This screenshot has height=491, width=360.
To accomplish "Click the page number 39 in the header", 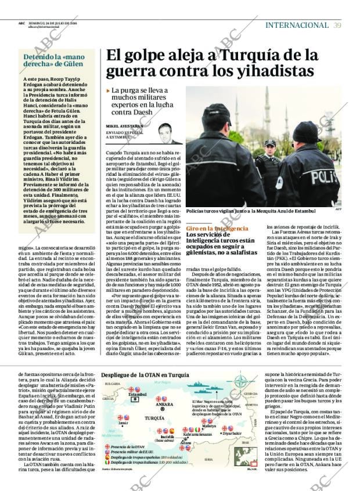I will pos(337,25).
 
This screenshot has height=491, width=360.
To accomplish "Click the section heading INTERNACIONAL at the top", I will pos(297,25).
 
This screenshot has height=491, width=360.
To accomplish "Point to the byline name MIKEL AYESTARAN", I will pos(124,126).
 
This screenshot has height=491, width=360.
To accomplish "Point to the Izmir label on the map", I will pos(123,423).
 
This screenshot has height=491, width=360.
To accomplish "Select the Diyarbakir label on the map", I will pos(231,433).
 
